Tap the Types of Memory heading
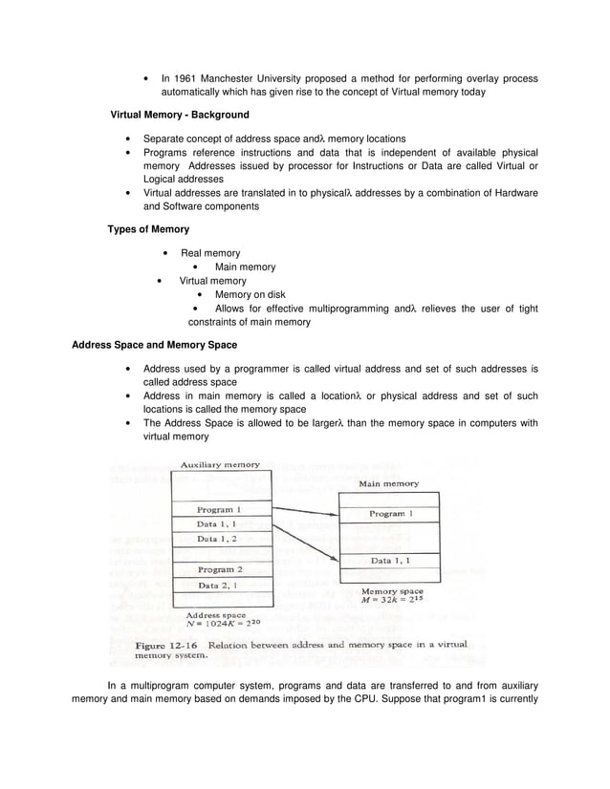coord(148,229)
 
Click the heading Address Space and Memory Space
coord(155,345)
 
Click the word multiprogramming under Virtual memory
coord(351,309)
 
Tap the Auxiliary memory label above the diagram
coord(220,465)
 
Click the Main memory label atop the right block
coord(388,483)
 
